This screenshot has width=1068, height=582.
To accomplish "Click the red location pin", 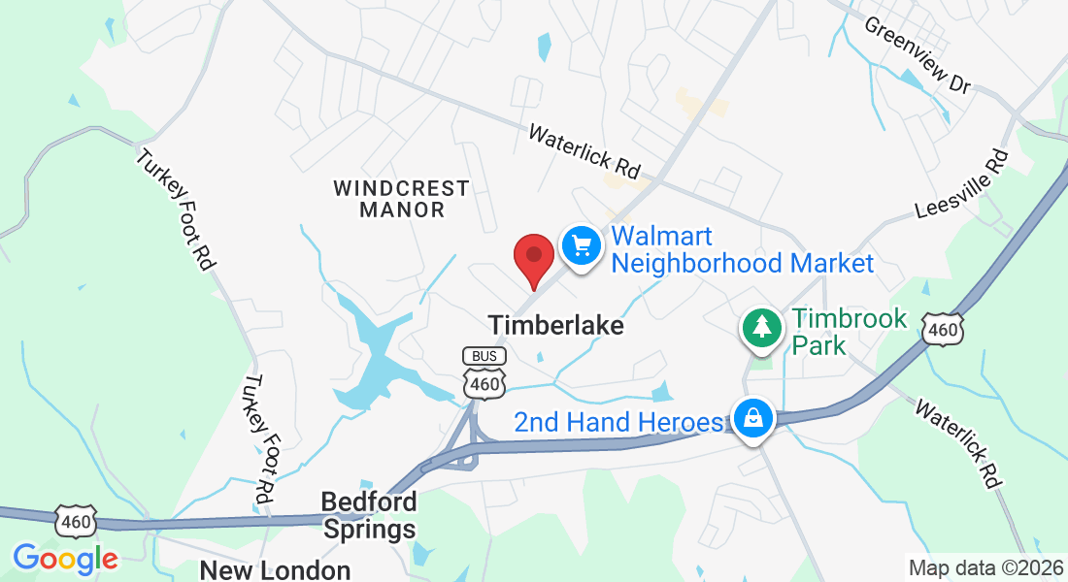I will [533, 257].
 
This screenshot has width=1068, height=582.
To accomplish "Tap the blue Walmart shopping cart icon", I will [582, 243].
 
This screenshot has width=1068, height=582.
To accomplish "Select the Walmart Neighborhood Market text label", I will [743, 249].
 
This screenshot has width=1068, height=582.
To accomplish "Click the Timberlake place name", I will [556, 325].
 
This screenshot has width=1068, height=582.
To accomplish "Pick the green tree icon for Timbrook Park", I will [762, 327].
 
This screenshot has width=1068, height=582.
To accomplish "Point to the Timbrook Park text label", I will [849, 331].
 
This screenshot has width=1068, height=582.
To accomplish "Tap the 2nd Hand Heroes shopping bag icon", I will [752, 419].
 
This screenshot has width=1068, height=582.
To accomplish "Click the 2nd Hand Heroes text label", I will [618, 422].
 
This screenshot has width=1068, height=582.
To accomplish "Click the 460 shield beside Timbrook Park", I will [943, 329].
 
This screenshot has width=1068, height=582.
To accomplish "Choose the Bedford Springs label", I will [369, 515].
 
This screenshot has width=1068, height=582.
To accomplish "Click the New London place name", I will [275, 569].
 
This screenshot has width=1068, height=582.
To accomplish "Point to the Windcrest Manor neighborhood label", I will [401, 198].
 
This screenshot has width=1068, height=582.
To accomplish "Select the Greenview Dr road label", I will [918, 55].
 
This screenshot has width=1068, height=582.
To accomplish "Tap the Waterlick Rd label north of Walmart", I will [585, 150].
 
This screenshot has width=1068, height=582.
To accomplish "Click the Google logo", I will [65, 559].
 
